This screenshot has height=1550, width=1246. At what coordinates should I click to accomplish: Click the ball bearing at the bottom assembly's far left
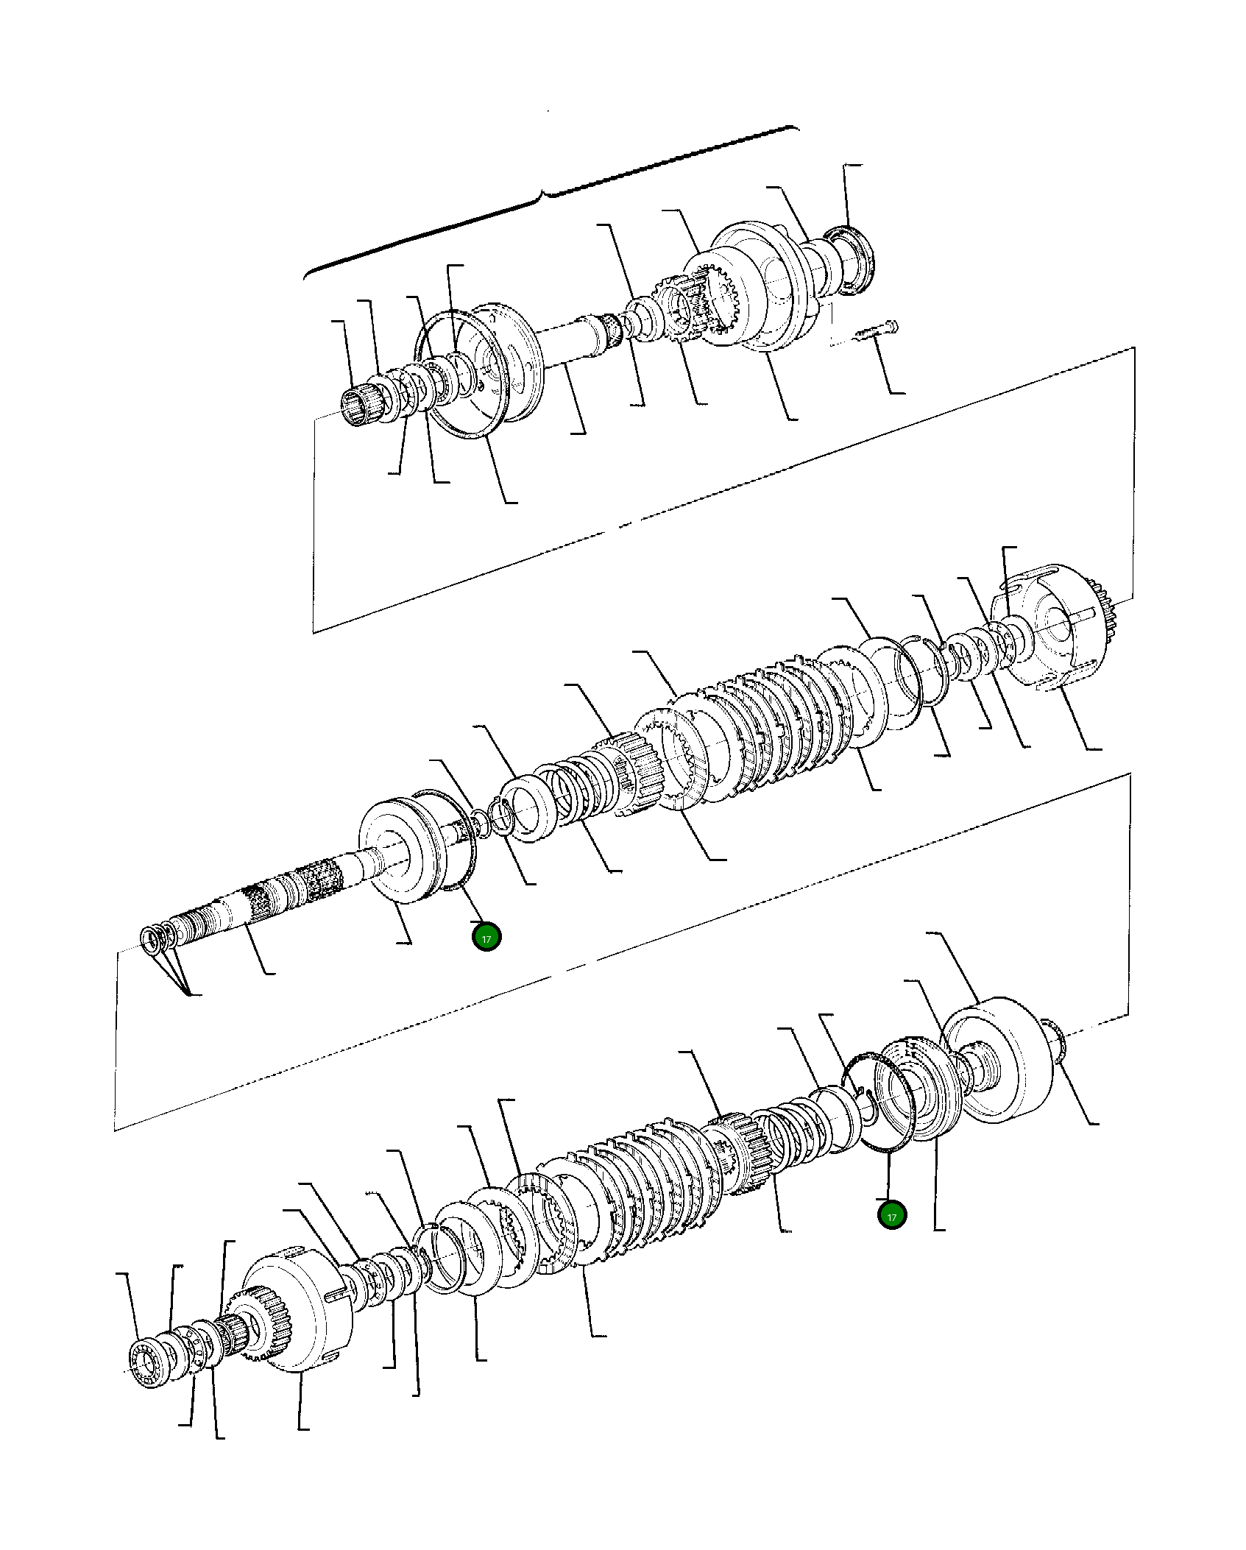(149, 1365)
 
